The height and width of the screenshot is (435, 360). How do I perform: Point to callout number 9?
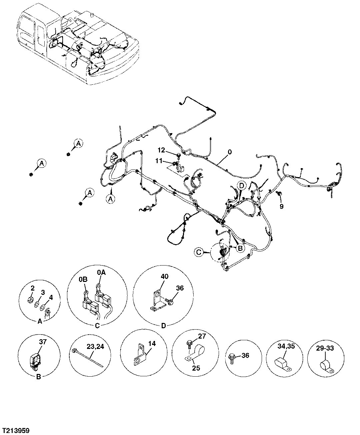[282, 207]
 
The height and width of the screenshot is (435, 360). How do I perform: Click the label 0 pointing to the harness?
[229, 152]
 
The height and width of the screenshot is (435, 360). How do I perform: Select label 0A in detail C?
[101, 273]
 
